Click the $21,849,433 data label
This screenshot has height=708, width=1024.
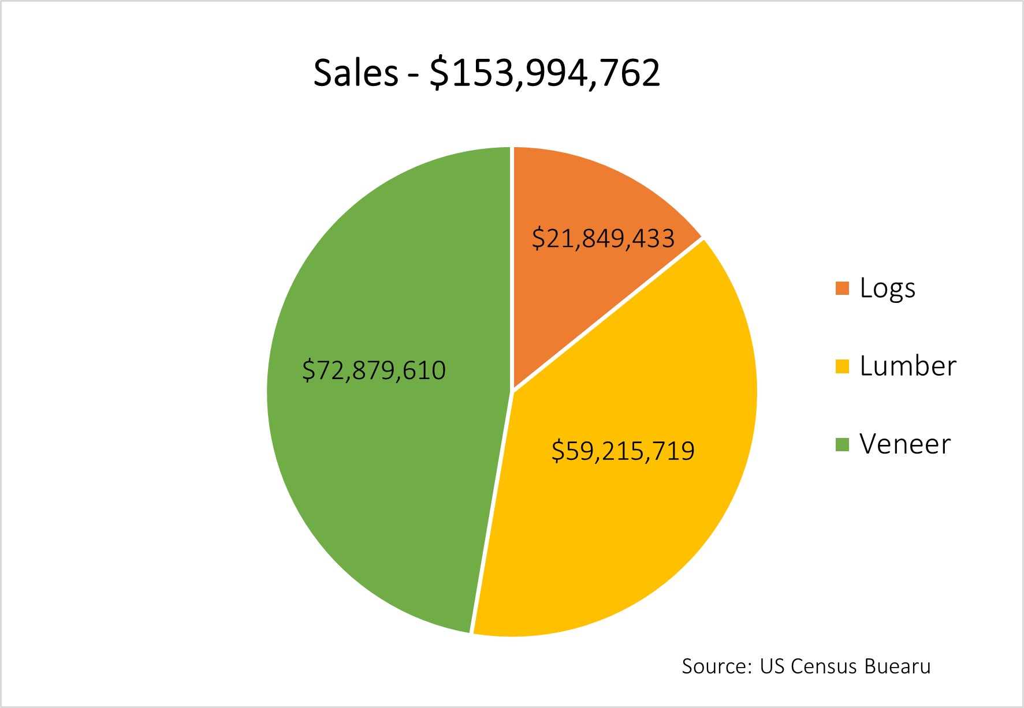(603, 238)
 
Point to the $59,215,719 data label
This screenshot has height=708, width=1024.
(623, 451)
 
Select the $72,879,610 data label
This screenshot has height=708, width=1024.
(374, 370)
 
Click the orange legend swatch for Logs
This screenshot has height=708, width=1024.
(842, 289)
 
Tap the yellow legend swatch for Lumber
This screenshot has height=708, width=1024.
(842, 366)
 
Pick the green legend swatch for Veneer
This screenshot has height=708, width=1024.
(842, 444)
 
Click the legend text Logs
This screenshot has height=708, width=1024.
(887, 289)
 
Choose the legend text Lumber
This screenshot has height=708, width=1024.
(907, 366)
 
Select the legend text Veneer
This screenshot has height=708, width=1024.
(904, 444)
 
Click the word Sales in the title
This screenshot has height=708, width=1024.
(356, 73)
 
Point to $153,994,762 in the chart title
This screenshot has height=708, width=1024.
(545, 73)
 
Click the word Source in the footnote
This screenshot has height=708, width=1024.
(716, 666)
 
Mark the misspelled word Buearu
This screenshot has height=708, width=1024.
(898, 666)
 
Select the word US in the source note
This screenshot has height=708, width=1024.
(772, 666)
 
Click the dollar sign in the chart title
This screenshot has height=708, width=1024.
(438, 73)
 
